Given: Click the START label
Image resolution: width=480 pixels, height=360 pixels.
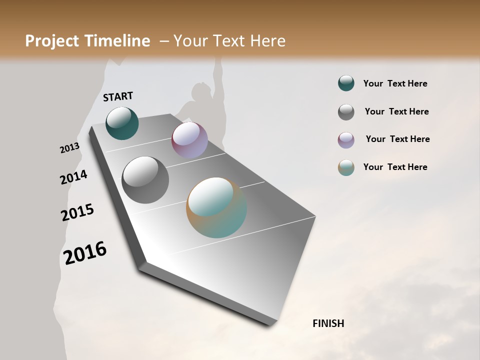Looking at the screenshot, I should (118, 96).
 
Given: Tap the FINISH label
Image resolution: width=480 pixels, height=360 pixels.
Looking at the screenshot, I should (328, 323).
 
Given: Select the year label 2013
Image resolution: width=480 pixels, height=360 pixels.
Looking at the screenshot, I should (69, 148).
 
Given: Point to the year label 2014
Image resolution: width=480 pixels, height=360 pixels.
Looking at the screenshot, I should (73, 177).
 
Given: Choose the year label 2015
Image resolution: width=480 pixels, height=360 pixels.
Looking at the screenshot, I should (77, 212).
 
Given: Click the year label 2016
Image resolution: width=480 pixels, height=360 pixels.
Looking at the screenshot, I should (85, 253).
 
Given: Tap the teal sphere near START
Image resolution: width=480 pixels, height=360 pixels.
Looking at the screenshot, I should (122, 123).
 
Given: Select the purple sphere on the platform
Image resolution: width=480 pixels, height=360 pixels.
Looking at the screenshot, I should (189, 140).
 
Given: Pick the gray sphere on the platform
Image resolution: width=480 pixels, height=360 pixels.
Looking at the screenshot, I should (145, 179).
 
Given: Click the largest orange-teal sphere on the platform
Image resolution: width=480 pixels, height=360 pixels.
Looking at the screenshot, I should (216, 207).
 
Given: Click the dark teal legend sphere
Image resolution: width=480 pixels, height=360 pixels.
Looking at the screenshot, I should (346, 83).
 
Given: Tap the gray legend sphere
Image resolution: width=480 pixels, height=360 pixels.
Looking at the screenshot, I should (346, 111).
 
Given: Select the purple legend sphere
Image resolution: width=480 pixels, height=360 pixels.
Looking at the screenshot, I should (346, 139).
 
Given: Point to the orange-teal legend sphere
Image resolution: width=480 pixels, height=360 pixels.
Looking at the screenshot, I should (346, 167).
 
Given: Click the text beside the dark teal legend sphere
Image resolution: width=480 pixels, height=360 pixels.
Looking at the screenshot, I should (395, 83).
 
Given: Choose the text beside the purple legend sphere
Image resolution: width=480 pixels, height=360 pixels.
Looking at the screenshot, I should (397, 139).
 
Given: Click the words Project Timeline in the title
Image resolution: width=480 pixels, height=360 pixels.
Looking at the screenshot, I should (87, 41).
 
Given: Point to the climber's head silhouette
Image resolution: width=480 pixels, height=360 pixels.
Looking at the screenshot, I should (201, 91).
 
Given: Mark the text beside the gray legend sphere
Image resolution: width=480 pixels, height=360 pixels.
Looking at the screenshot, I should (396, 111).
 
